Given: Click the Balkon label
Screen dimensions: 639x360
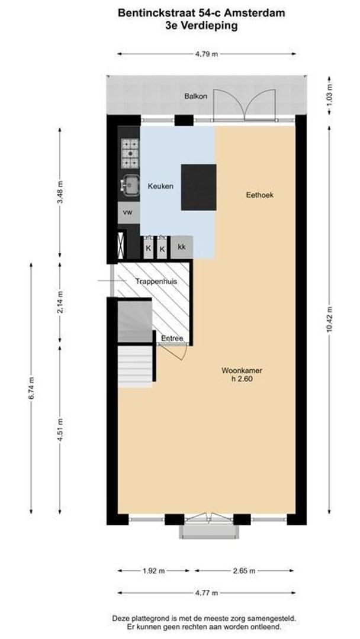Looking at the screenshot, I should [x=195, y=96].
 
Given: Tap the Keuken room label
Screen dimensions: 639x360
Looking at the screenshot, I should [x=160, y=186].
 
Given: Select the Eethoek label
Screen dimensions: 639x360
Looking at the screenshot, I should [x=259, y=195].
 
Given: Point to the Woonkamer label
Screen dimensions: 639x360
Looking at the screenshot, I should [x=242, y=371].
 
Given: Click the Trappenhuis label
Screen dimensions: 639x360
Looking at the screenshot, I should [x=156, y=282].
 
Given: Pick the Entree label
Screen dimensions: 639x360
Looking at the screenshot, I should [x=172, y=339].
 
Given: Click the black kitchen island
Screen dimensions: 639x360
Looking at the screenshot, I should [x=198, y=188].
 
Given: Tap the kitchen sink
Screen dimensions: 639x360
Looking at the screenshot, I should [x=129, y=185].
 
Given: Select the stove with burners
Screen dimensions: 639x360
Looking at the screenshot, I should [x=130, y=153].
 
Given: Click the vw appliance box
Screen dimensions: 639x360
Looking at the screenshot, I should [x=127, y=212].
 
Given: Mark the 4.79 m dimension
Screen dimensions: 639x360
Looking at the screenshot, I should [x=207, y=54].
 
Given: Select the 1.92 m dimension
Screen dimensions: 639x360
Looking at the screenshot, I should [x=154, y=571].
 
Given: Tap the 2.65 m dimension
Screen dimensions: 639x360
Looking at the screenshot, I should [x=244, y=571].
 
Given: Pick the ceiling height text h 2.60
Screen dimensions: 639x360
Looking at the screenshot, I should [x=242, y=380].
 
